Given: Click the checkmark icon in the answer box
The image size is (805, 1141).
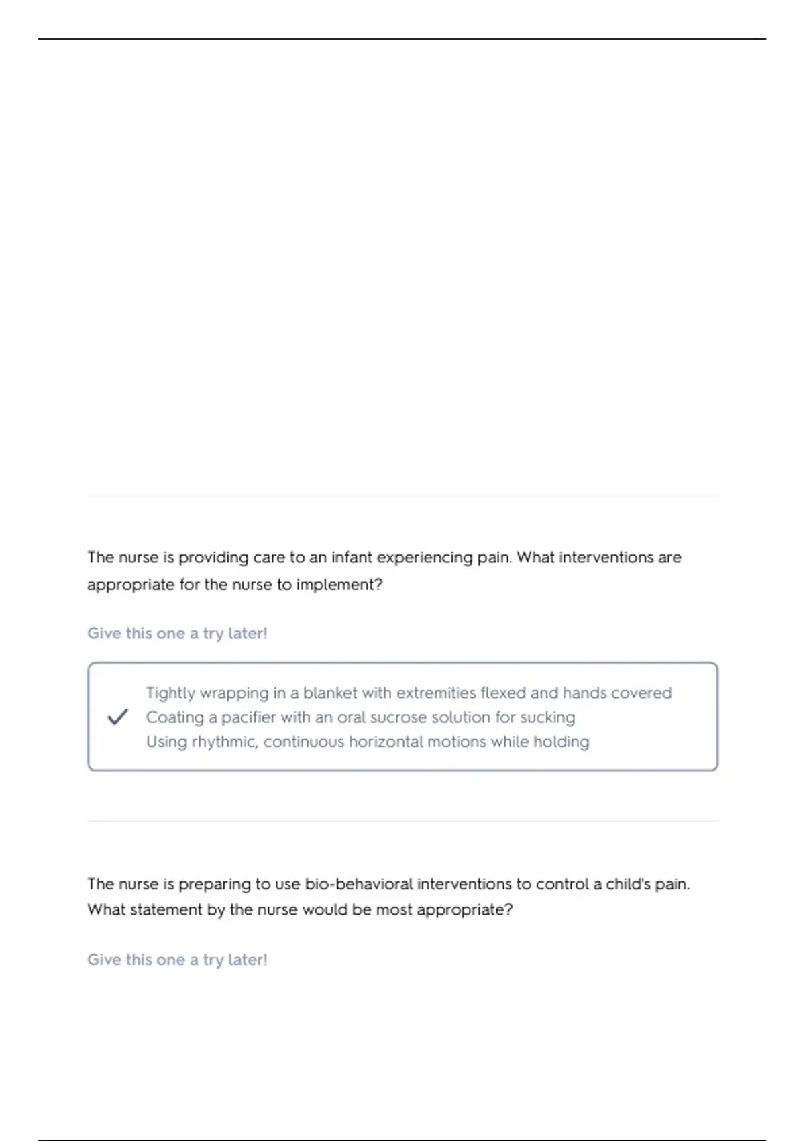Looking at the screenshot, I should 117,717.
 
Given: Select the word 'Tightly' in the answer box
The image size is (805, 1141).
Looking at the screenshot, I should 170,693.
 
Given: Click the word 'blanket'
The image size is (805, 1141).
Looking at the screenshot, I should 330,693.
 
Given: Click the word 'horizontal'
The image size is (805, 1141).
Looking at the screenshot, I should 386,742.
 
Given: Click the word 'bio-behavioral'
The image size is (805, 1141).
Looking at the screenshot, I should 359,884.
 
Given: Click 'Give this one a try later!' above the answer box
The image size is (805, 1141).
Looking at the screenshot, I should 177,634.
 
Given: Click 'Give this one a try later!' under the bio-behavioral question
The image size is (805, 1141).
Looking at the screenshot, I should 177,960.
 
